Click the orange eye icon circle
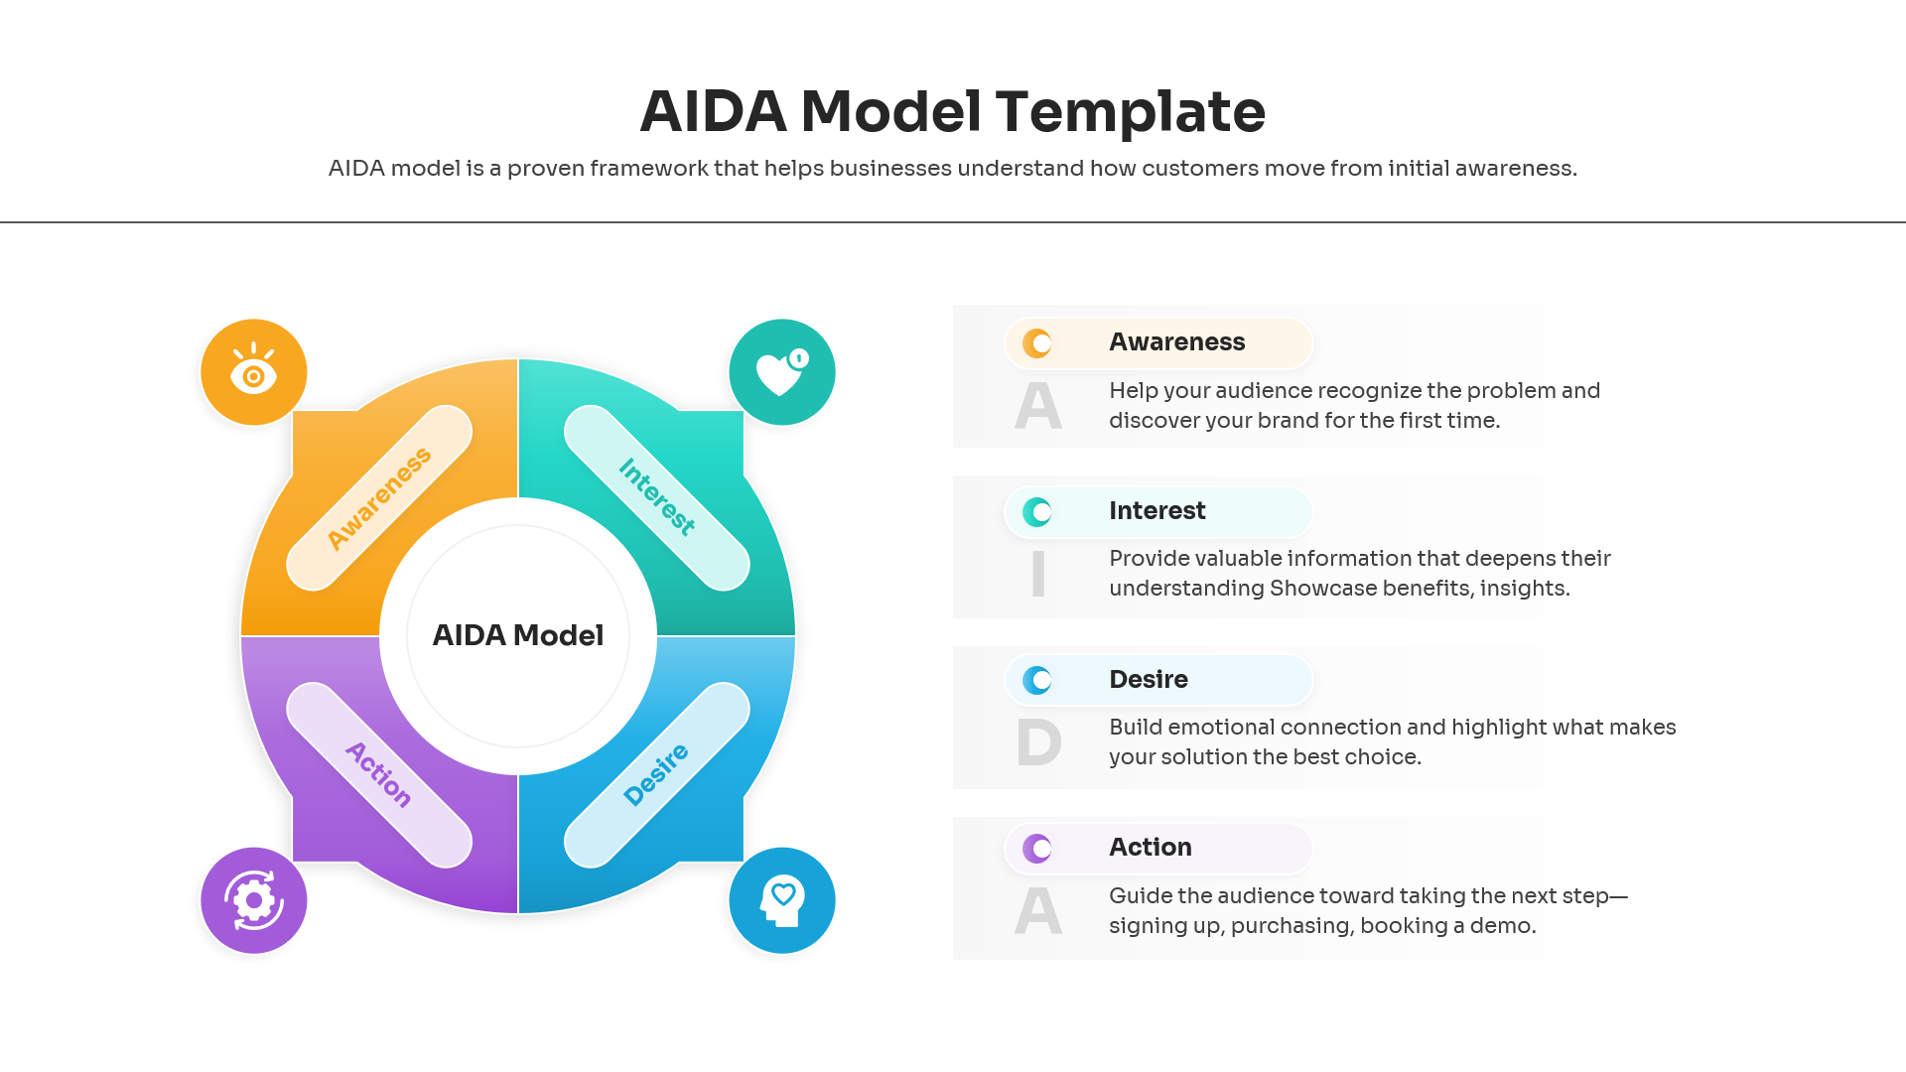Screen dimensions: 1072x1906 coord(253,372)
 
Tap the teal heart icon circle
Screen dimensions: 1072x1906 coord(781,372)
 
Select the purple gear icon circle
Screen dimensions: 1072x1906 coord(253,900)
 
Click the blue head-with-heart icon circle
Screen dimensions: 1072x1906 coord(781,900)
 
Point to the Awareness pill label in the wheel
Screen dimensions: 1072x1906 coord(379,497)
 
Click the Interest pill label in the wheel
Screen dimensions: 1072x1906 coord(656,497)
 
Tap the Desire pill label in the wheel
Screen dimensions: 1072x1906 coord(656,775)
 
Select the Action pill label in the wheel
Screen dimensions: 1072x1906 coord(379,775)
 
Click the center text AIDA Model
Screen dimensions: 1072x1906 coord(517,635)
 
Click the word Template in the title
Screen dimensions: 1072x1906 coord(1130,111)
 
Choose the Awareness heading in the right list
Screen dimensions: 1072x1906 coord(1176,342)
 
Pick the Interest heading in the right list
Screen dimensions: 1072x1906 coord(1157,511)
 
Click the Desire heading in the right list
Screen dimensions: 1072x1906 coord(1148,680)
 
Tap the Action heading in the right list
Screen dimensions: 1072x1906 coord(1150,848)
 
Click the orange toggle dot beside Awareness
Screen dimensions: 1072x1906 coord(1037,343)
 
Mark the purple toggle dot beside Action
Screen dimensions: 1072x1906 coord(1037,849)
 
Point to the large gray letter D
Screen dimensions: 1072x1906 coord(1038,743)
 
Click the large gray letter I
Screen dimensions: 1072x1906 coord(1038,575)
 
